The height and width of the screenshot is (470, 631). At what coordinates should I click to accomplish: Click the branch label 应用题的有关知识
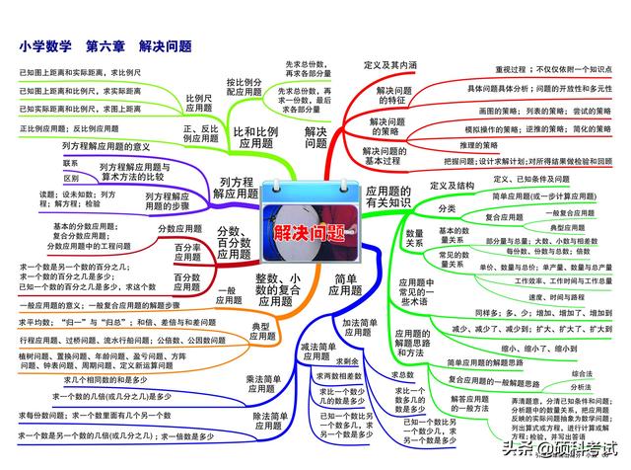(394, 196)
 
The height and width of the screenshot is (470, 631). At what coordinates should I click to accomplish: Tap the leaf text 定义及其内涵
(390, 65)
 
